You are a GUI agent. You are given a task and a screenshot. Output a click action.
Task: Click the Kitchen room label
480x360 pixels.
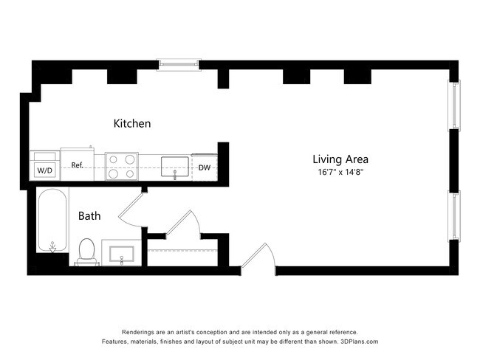(132, 124)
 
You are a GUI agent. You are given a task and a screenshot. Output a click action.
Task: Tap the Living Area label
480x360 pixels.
(340, 159)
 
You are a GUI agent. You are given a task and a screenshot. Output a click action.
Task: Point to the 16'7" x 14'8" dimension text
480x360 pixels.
(340, 172)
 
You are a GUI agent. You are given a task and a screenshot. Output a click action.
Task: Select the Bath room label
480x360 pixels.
(89, 216)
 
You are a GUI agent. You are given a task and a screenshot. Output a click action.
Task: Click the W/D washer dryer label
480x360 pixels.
(45, 170)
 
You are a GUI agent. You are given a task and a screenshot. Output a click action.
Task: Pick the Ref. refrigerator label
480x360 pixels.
(78, 165)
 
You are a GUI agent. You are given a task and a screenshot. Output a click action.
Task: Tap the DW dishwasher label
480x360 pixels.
(205, 167)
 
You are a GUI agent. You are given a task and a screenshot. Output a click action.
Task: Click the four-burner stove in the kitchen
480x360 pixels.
(122, 167)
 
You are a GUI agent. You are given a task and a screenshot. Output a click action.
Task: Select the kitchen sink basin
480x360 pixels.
(175, 167)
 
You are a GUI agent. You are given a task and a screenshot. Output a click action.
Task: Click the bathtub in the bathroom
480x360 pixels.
(52, 221)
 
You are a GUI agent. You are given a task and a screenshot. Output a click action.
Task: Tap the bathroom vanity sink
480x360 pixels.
(122, 254)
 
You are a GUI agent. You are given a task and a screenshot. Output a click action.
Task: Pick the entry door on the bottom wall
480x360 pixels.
(258, 257)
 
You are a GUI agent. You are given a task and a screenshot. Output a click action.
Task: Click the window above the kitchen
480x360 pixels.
(179, 64)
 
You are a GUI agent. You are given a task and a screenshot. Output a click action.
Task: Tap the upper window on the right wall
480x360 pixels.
(454, 105)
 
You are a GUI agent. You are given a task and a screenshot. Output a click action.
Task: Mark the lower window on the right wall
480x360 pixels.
(454, 215)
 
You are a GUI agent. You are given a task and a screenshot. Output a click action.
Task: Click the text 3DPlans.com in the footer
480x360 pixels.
(360, 342)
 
